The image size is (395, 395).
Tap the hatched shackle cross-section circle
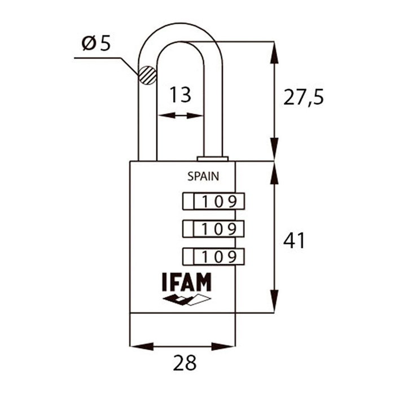point(147,74)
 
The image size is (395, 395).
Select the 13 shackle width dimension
point(181,94)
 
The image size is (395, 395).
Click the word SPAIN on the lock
point(203,175)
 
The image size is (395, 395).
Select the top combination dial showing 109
point(213,200)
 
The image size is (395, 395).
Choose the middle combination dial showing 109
point(213,229)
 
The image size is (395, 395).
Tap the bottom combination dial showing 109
point(213,257)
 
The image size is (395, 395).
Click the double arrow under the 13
point(181,116)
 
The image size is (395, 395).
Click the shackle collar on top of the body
point(212,158)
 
